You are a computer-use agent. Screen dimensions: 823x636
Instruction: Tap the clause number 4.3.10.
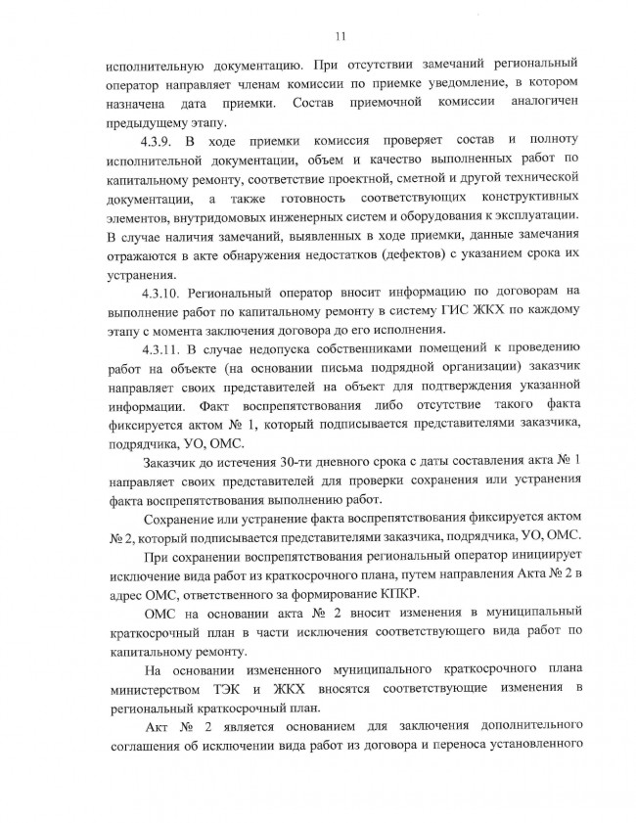[161, 292]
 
